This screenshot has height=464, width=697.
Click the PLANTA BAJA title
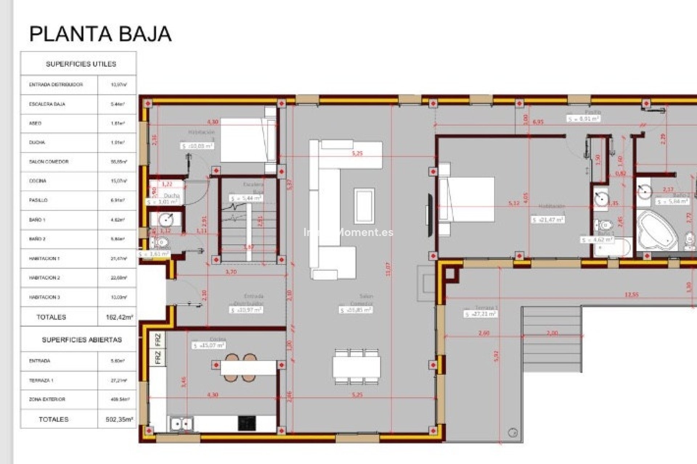[x=100, y=34]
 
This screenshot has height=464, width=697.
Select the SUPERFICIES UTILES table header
[x=81, y=64]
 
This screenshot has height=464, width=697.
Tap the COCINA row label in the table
[x=38, y=181]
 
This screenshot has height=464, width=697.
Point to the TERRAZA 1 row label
[x=41, y=380]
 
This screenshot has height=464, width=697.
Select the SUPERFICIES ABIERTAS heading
[x=82, y=340]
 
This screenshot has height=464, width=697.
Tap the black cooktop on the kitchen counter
[x=247, y=423]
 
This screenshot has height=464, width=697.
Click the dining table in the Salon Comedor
[x=356, y=366]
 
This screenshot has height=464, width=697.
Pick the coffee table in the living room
[x=364, y=206]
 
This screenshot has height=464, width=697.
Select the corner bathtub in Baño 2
[x=657, y=231]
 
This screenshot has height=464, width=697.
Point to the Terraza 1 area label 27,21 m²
[x=481, y=314]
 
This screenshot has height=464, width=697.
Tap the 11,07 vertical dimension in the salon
[x=388, y=269]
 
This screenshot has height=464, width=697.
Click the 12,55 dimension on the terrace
[x=632, y=295]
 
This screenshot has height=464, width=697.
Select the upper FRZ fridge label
[x=158, y=340]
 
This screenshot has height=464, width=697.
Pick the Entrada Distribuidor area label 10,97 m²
[x=246, y=310]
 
